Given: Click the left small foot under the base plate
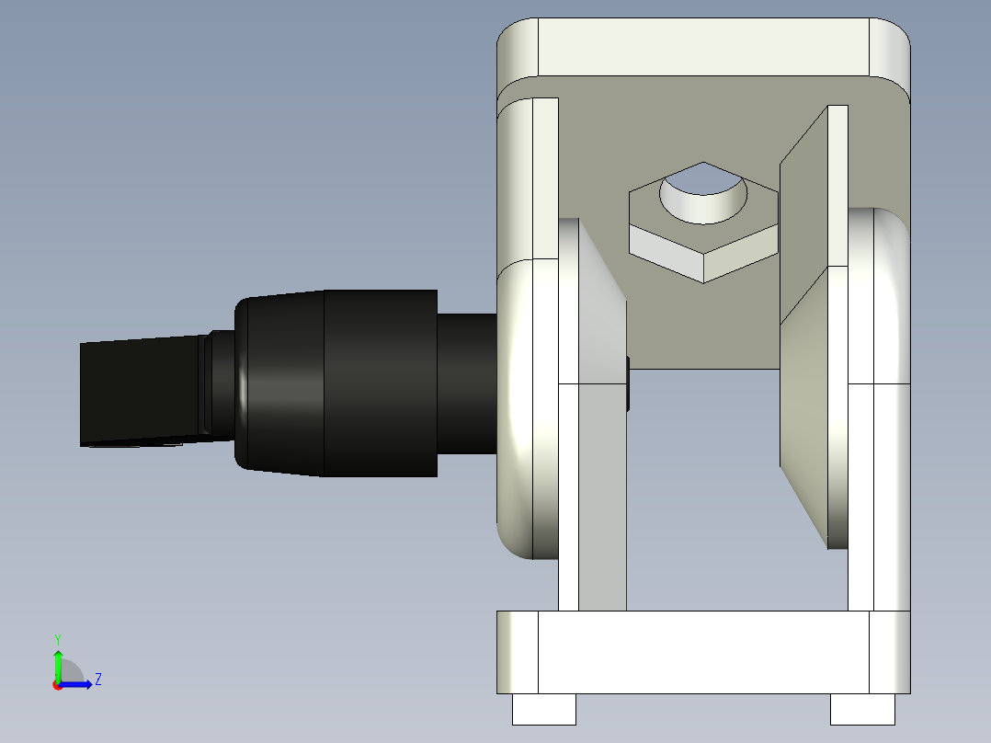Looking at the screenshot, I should (543, 709).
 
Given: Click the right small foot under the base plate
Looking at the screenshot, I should (862, 709).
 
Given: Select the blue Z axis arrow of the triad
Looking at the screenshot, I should (78, 684).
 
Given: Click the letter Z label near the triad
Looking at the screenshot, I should (97, 680).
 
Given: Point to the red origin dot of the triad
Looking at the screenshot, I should (58, 685).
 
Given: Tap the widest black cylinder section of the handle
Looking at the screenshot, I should (380, 383).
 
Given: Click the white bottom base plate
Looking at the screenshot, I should (703, 651).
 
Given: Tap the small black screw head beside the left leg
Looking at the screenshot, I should (628, 383).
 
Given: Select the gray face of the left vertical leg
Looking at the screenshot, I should (602, 497).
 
